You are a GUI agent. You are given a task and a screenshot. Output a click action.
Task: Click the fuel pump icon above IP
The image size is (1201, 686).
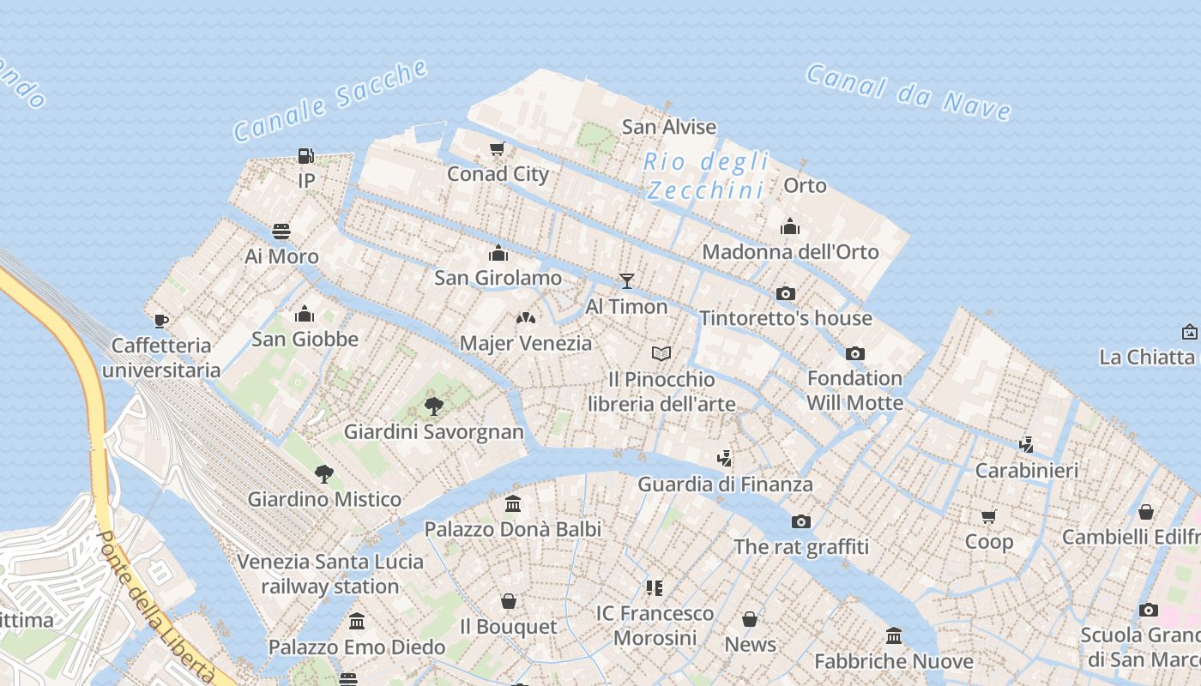click(x=305, y=156)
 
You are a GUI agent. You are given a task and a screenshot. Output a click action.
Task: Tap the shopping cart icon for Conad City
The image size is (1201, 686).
click(x=497, y=149)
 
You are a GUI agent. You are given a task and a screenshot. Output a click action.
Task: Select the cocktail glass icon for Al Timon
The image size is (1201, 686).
click(x=626, y=281)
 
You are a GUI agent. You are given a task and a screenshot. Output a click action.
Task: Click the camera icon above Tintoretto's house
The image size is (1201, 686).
click(x=785, y=293)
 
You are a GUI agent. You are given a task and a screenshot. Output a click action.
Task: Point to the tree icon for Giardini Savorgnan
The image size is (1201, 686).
click(x=434, y=406)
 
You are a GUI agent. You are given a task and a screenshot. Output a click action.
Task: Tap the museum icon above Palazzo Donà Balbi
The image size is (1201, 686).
click(x=513, y=503)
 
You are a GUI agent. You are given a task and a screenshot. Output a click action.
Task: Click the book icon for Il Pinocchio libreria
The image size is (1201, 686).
click(x=661, y=353)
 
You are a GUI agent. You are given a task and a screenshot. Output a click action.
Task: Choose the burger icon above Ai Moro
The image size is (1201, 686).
click(x=281, y=231)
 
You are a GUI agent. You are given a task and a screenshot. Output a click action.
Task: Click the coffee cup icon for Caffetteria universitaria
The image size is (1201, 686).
click(x=160, y=321)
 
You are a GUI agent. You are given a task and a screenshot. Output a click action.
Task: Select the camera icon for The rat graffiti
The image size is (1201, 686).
click(x=800, y=521)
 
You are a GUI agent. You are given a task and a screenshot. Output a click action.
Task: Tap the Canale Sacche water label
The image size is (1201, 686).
click(x=330, y=100)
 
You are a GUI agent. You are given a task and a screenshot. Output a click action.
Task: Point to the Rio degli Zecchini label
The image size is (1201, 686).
click(x=706, y=175)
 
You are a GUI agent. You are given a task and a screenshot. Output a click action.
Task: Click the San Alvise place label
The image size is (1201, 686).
click(x=668, y=127)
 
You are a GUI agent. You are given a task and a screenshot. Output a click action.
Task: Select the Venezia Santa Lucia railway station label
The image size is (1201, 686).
click(x=330, y=574)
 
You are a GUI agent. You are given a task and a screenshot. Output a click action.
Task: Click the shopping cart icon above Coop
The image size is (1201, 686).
click(x=989, y=516)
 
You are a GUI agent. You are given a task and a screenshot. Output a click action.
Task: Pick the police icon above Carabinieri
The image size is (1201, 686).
click(x=1026, y=444)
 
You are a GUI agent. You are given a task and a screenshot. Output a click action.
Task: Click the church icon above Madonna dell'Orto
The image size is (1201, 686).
click(x=789, y=226)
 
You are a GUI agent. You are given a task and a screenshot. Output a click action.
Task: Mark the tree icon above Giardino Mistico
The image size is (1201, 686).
click(x=323, y=473)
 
